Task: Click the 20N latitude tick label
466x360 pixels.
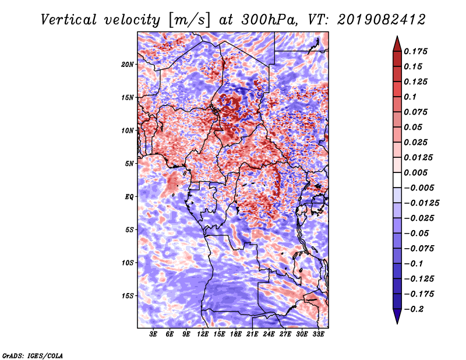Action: click(128, 65)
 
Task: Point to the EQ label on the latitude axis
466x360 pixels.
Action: click(129, 197)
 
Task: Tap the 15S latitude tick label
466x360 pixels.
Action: click(128, 296)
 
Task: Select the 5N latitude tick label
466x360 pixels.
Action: click(129, 164)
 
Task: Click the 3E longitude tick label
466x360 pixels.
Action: click(153, 334)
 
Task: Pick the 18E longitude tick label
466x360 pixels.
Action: click(236, 334)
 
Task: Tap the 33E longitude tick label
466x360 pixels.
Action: click(318, 334)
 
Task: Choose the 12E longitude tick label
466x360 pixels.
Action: click(203, 334)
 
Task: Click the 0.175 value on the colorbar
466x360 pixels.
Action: click(415, 51)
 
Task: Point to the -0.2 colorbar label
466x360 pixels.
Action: click(414, 309)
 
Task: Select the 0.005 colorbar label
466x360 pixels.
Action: click(415, 172)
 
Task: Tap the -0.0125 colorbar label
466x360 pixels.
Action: click(421, 203)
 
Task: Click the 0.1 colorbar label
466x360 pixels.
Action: click(410, 97)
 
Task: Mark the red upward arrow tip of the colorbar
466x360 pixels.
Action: click(397, 36)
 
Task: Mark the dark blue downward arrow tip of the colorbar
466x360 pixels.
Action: click(397, 323)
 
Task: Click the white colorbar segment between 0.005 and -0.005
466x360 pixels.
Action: click(397, 180)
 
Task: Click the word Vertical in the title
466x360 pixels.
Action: click(69, 20)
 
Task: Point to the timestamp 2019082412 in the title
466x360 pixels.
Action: click(382, 20)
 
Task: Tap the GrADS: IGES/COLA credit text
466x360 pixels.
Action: click(33, 355)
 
